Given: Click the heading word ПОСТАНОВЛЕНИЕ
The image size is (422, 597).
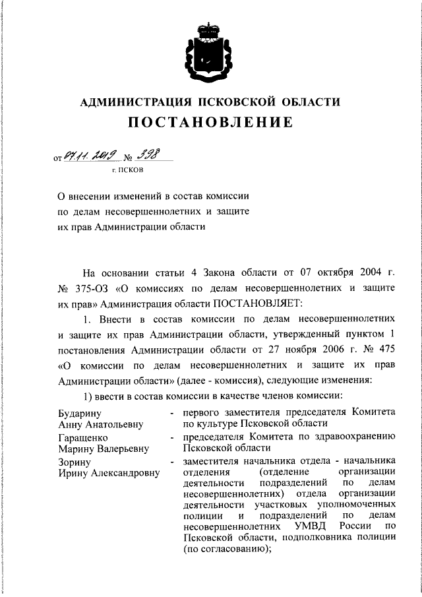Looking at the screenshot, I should pyautogui.click(x=210, y=123).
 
